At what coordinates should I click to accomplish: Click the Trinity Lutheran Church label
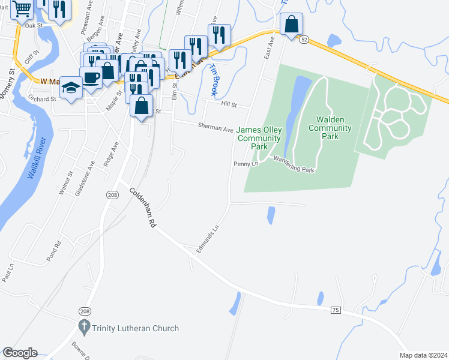pyautogui.click(x=136, y=328)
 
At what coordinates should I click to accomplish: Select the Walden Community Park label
pyautogui.click(x=330, y=128)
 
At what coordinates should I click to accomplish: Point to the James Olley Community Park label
pyautogui.click(x=259, y=138)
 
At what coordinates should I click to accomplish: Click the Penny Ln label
pyautogui.click(x=246, y=163)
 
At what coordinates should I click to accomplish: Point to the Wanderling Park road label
pyautogui.click(x=294, y=164)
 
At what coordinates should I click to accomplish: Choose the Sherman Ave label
pyautogui.click(x=216, y=128)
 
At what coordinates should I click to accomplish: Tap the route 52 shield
pyautogui.click(x=305, y=39)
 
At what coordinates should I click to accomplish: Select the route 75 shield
pyautogui.click(x=335, y=309)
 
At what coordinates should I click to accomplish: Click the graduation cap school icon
pyautogui.click(x=72, y=88)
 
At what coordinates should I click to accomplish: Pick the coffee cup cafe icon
pyautogui.click(x=91, y=77)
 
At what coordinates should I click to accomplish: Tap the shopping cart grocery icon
pyautogui.click(x=22, y=10)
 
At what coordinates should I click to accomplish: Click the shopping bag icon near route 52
pyautogui.click(x=291, y=24)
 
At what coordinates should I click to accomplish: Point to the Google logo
pyautogui.click(x=20, y=352)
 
